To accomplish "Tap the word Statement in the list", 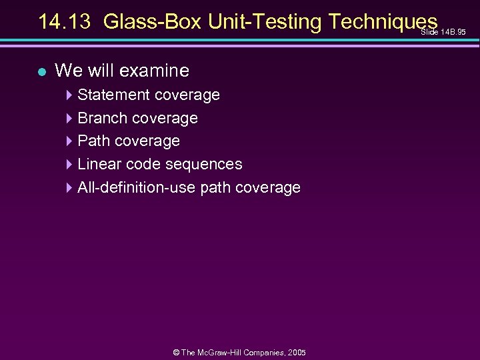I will (x=113, y=95).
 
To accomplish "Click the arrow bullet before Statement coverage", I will (x=70, y=95).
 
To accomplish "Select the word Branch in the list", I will (x=103, y=118).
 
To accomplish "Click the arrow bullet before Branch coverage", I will (x=70, y=119).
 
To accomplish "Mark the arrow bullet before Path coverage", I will (x=70, y=141).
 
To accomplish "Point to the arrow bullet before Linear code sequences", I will (x=70, y=165).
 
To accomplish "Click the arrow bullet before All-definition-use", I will (x=70, y=188).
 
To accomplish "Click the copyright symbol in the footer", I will (x=176, y=352).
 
